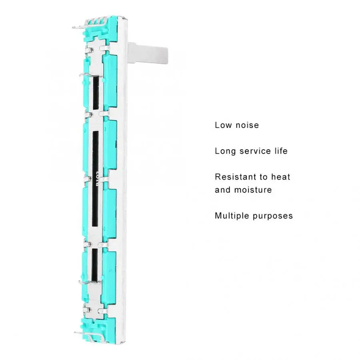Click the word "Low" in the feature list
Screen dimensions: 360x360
223,125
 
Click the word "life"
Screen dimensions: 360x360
281,151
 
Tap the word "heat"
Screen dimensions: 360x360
281,177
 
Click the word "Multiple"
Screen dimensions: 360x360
232,216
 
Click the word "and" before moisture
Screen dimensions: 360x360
223,190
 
